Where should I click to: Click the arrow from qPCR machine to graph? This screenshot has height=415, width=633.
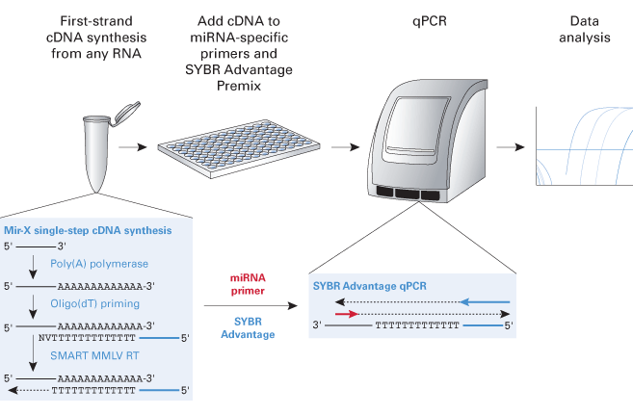pos(510,147)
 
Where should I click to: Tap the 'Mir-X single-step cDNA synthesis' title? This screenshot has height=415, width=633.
pos(89,231)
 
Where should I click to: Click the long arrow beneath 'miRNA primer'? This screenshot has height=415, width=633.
pos(250,307)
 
